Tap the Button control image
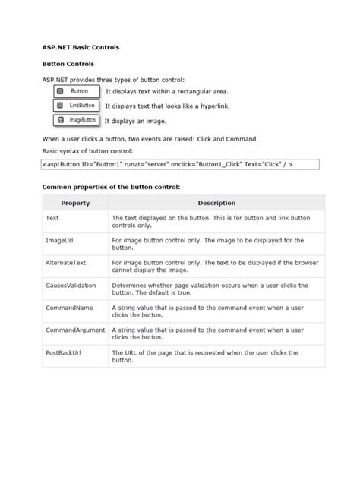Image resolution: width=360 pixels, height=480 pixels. point(77,91)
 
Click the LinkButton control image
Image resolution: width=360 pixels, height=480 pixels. point(77,106)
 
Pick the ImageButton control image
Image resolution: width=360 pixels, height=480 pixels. point(77,120)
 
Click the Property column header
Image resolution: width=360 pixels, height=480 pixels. point(75,203)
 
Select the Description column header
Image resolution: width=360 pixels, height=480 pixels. point(216,203)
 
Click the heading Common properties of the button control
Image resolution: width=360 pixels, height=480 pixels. point(111,186)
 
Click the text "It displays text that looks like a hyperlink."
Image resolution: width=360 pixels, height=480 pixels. point(166,106)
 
